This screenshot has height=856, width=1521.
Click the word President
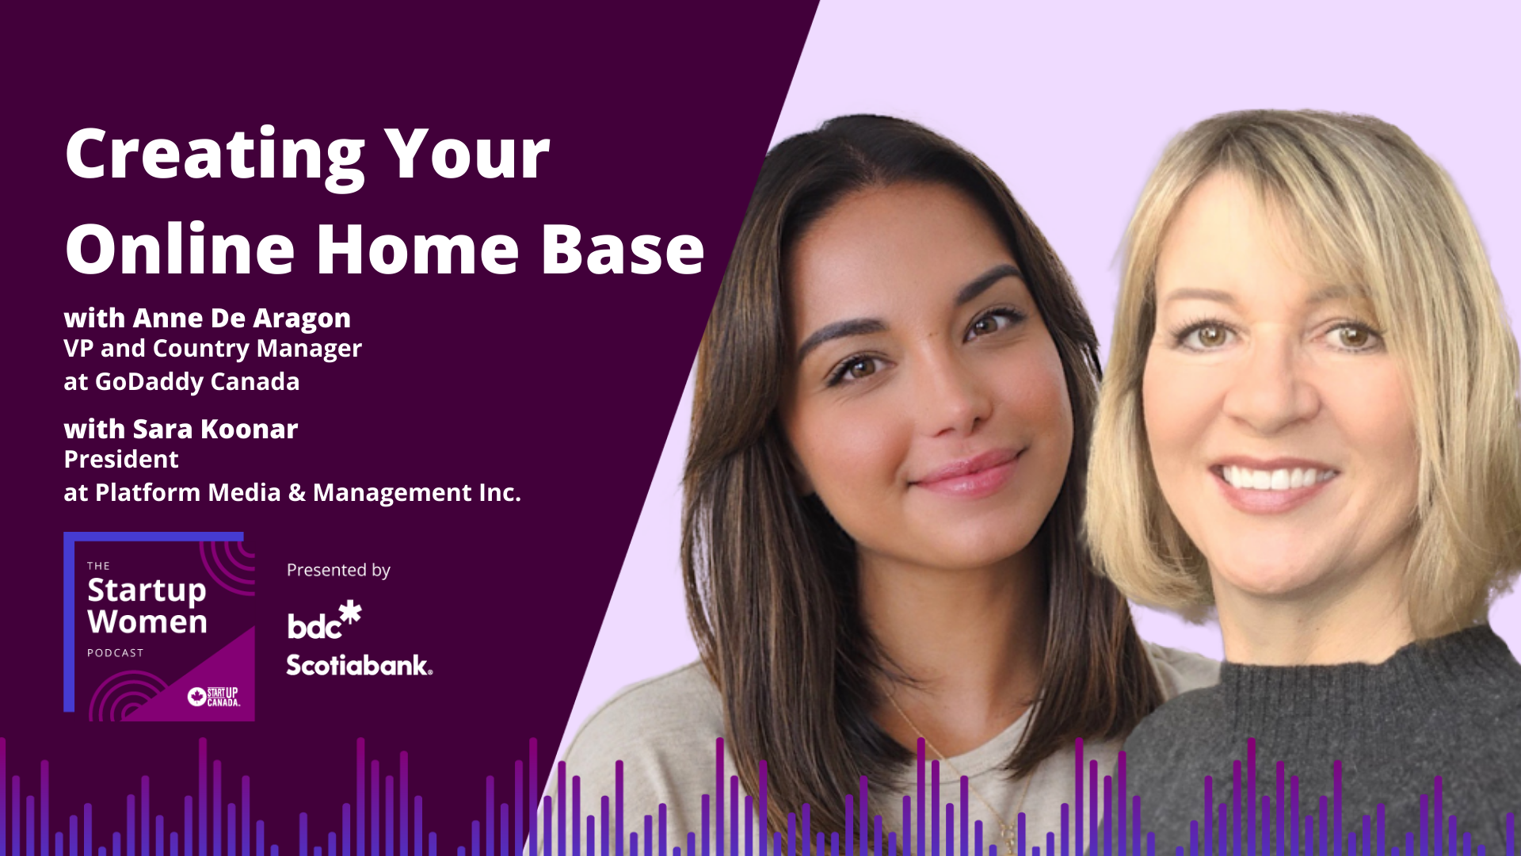[x=121, y=459]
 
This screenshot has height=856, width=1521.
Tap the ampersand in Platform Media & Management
[x=297, y=492]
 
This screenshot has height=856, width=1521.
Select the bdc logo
[x=324, y=621]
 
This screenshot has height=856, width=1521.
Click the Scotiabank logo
[x=359, y=664]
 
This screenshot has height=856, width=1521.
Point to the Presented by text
[x=338, y=571]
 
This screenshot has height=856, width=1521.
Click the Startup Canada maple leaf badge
[x=197, y=697]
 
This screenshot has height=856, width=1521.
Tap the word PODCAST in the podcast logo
[x=116, y=653]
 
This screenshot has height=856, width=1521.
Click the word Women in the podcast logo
[x=147, y=622]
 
